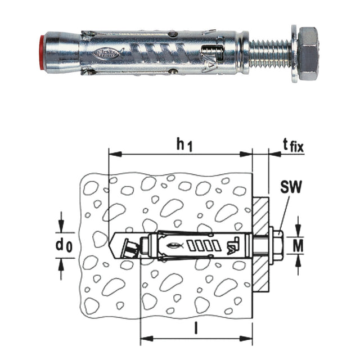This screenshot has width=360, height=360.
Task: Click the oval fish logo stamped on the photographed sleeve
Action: click(109, 54)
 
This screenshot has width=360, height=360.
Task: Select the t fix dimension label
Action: click(292, 147)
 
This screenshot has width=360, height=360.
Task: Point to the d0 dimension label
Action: click(63, 246)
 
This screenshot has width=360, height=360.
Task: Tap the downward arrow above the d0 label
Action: click(61, 224)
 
